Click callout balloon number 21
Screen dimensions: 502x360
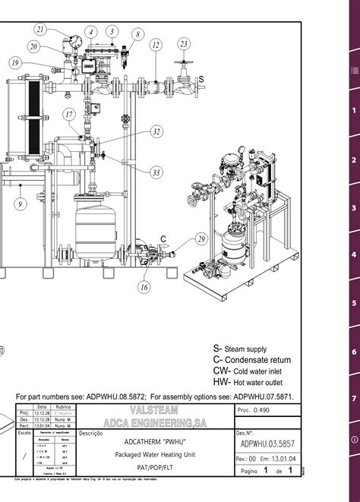[x=40, y=29]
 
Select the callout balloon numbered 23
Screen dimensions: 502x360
[x=183, y=44]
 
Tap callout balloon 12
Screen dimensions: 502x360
[x=155, y=45]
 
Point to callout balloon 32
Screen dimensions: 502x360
[x=156, y=131]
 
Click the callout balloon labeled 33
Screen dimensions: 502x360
[x=156, y=172]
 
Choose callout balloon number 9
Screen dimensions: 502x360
[x=19, y=203]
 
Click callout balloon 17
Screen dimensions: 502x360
[x=69, y=115]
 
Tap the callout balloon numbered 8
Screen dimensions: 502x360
[x=137, y=34]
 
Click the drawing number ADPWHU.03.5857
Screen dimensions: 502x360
[x=268, y=443]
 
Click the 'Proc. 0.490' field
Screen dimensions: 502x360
[x=254, y=409]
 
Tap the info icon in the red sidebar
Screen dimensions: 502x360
[x=353, y=440]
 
